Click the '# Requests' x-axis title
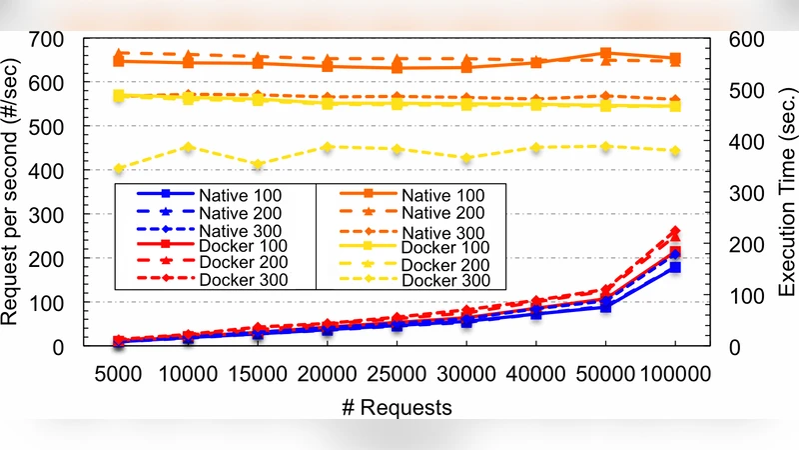click(x=398, y=407)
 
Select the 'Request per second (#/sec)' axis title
click(x=16, y=192)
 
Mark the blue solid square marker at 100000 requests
click(x=675, y=268)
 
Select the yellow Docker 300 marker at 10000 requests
click(x=188, y=147)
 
